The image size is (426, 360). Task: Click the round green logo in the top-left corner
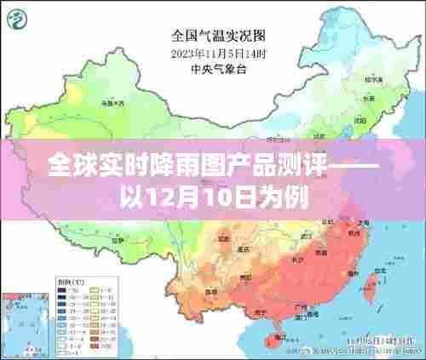[x=19, y=19]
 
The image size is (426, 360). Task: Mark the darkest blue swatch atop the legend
[x=61, y=289]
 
